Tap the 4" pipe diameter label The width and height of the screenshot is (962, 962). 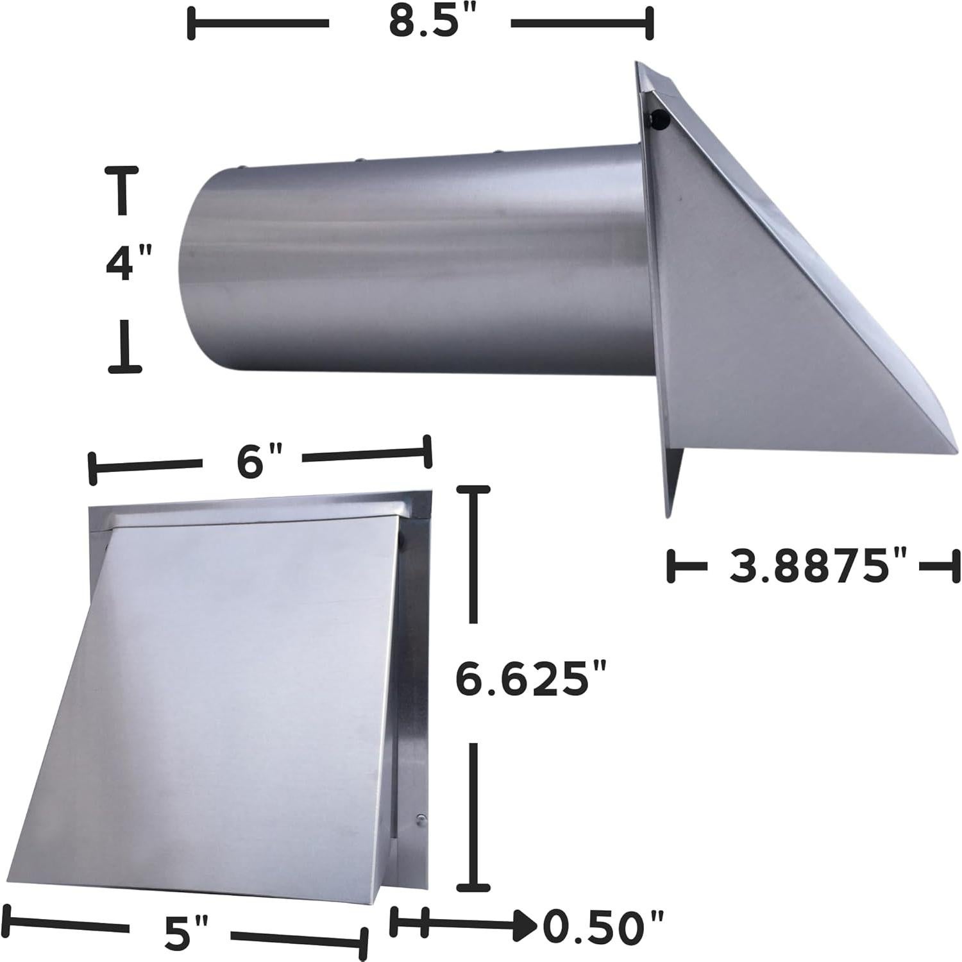pos(128,264)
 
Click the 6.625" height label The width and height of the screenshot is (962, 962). pos(530,680)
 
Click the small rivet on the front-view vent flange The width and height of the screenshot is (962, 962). pos(419,818)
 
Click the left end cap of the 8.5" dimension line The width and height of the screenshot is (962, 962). pos(191,24)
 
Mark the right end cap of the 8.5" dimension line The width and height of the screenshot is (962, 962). pos(650,24)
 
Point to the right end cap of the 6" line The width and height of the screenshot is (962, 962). pos(427,453)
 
